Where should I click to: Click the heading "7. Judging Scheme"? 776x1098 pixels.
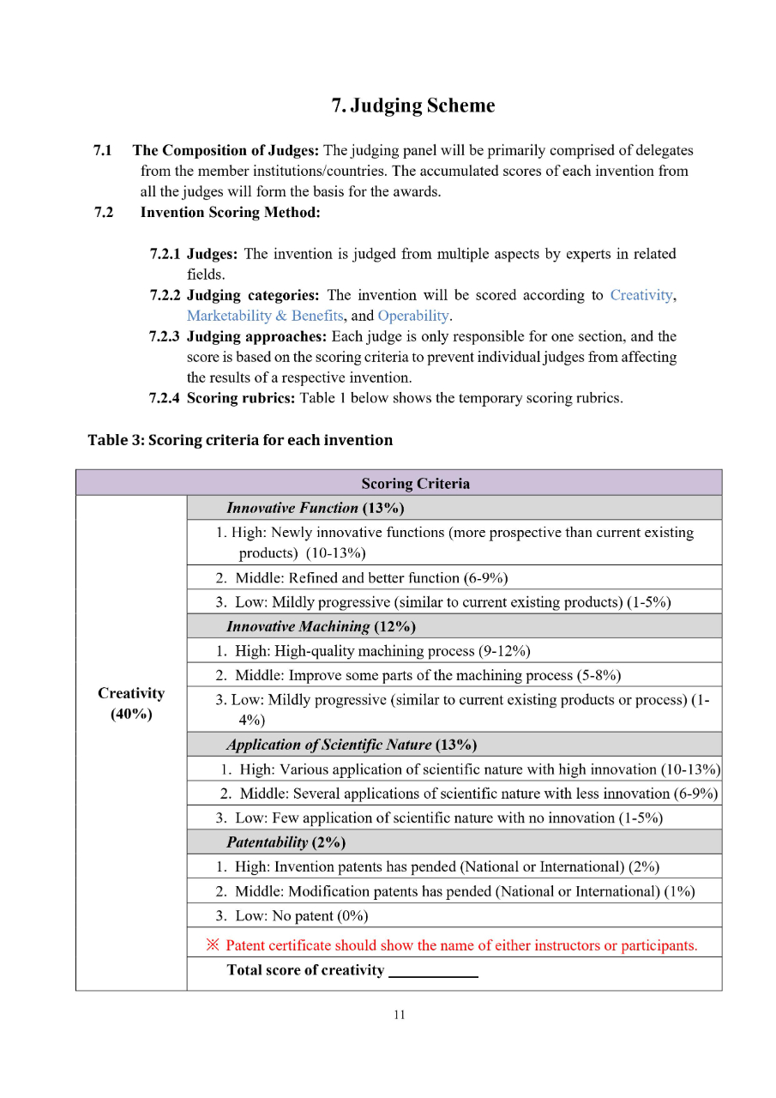click(412, 106)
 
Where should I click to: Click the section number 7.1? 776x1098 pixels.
click(103, 151)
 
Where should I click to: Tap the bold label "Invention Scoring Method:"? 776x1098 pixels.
click(230, 213)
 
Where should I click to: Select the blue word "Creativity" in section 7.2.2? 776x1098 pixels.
click(641, 295)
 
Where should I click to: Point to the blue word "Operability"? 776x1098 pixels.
click(413, 316)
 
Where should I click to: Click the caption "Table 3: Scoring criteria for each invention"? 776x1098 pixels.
click(240, 440)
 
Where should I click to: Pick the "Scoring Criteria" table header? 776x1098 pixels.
click(415, 483)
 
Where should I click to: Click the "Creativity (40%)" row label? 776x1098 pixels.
click(130, 703)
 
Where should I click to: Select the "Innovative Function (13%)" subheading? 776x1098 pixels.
click(304, 508)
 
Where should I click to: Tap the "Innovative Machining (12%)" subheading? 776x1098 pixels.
click(309, 626)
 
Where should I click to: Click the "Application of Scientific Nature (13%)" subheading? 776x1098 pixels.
click(352, 745)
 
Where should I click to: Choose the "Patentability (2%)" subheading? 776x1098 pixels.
click(286, 842)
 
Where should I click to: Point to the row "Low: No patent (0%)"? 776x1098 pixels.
click(292, 916)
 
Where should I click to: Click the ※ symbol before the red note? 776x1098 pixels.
click(214, 945)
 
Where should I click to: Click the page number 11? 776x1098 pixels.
click(399, 1016)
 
